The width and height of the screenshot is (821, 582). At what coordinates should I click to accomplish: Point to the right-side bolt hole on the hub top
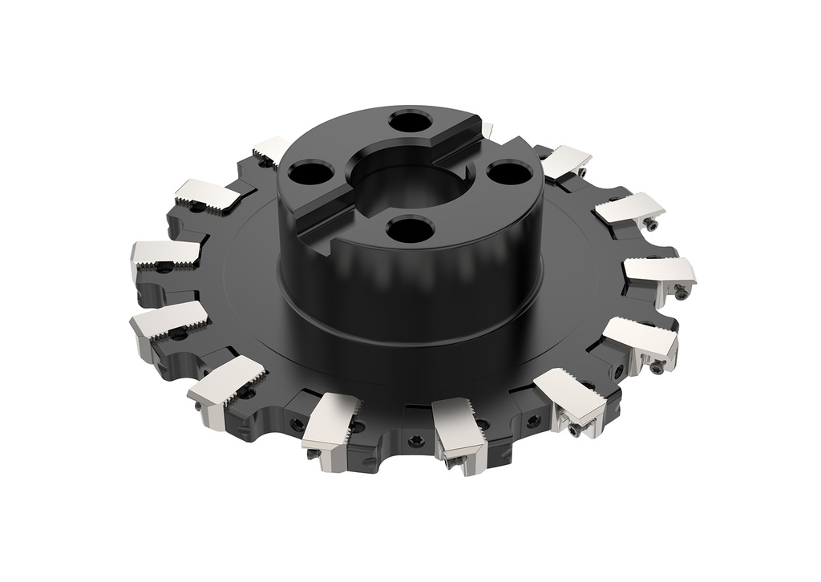click(x=504, y=172)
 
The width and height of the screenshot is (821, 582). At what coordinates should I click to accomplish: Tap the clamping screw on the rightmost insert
click(x=681, y=293)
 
